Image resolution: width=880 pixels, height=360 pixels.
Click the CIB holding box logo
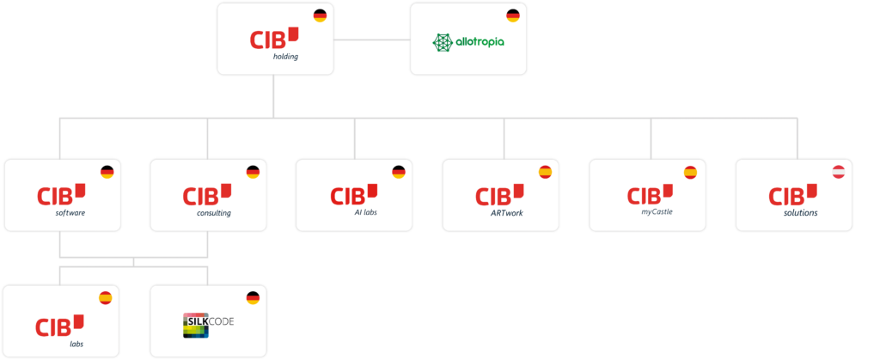[274, 38]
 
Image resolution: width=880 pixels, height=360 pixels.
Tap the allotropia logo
[468, 41]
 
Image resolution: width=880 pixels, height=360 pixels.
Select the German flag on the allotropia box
[513, 15]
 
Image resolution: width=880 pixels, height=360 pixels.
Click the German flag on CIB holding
[320, 15]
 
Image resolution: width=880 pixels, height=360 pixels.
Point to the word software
[70, 212]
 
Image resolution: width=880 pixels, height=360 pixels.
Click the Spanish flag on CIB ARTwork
[545, 172]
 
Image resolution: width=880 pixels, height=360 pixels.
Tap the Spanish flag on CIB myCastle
[690, 172]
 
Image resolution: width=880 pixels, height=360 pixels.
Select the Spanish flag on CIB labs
[106, 298]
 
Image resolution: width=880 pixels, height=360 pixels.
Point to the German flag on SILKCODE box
[253, 298]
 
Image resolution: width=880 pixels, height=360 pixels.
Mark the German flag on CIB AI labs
[399, 172]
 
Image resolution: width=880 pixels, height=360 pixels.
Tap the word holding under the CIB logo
[285, 57]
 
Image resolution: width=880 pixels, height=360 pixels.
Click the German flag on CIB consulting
[253, 172]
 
